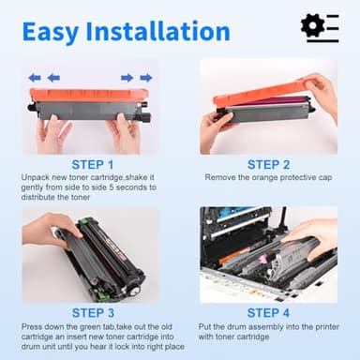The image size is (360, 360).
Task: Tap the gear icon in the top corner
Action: tap(314, 25)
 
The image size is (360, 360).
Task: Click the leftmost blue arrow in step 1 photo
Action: tap(35, 78)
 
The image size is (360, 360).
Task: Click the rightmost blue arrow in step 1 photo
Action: tap(146, 78)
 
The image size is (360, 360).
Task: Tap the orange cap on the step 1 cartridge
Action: tap(90, 95)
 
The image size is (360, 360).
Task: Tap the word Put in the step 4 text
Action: tap(207, 326)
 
